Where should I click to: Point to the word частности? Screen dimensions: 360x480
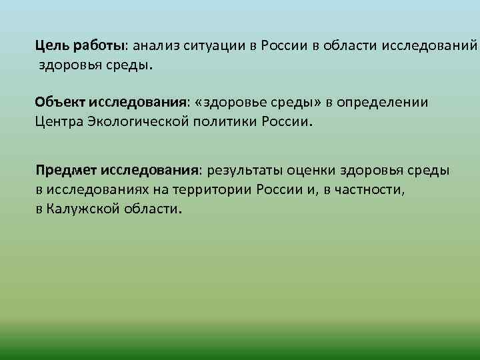point(369,189)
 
